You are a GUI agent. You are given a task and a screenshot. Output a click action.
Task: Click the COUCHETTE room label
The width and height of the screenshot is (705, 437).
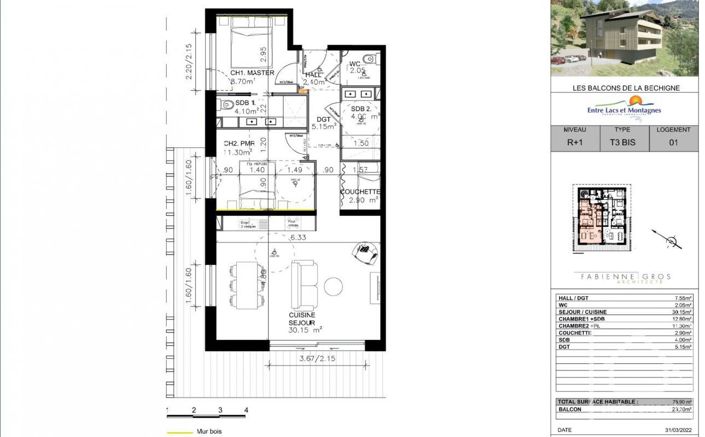tap(361, 192)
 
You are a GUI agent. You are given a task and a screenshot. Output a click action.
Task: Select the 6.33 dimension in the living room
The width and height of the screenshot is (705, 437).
tap(297, 239)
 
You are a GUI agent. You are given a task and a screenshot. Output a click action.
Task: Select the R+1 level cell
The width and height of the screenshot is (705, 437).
tap(575, 142)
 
